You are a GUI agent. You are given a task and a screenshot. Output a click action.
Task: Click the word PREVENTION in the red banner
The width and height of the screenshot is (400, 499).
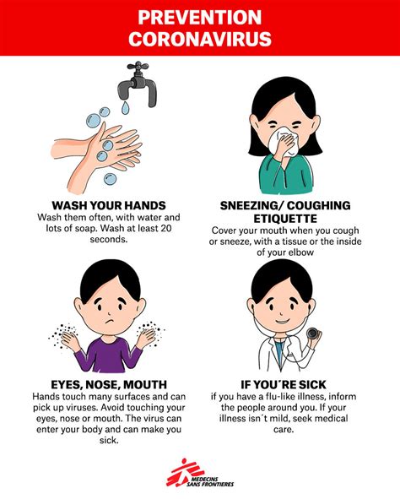tap(199, 17)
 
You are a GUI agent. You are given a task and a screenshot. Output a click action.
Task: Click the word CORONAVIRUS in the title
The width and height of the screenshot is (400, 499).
tap(199, 39)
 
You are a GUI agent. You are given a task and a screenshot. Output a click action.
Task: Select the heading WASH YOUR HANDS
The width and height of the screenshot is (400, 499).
tap(108, 205)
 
